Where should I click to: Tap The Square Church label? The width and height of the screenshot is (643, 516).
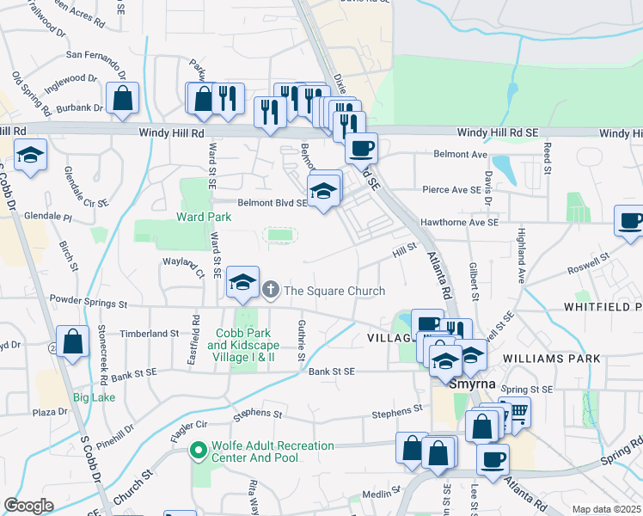[x=334, y=291]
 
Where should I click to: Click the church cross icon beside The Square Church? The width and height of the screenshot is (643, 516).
[x=272, y=290]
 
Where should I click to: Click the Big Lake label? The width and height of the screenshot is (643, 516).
[x=94, y=397]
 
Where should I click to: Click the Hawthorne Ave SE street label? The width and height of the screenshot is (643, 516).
[x=459, y=222]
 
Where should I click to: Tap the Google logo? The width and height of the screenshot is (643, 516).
[x=28, y=506]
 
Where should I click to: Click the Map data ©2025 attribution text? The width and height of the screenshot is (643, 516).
[x=606, y=509]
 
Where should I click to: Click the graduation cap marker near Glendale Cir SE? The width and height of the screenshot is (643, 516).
[x=31, y=157]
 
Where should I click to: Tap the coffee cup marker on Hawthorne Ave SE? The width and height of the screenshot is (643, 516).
[x=631, y=221]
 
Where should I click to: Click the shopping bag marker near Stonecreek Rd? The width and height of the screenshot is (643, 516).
[x=73, y=341]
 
